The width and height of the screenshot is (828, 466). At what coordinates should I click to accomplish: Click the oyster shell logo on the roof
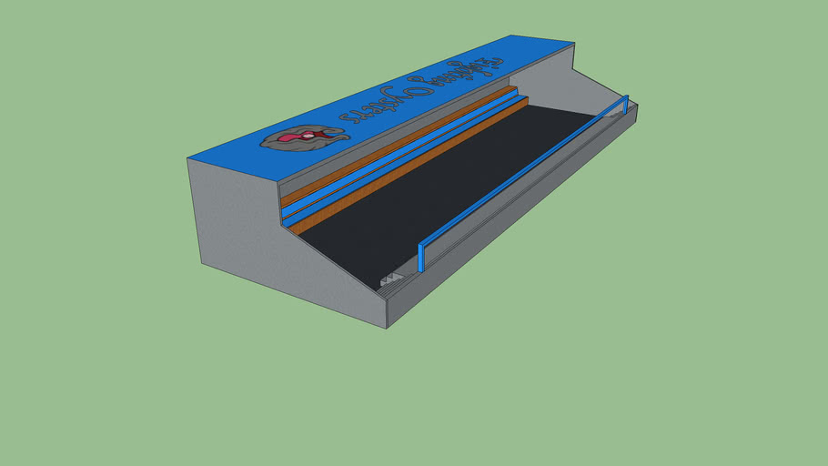click(304, 138)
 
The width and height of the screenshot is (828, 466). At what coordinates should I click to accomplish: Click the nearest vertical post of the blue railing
click(421, 257)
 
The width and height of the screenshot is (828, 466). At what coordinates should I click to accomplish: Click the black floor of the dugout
click(437, 191)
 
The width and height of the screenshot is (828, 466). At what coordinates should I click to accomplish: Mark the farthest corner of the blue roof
click(573, 43)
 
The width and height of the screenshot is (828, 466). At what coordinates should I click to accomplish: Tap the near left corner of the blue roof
click(189, 159)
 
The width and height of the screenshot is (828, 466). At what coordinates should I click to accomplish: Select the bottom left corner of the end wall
click(201, 265)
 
